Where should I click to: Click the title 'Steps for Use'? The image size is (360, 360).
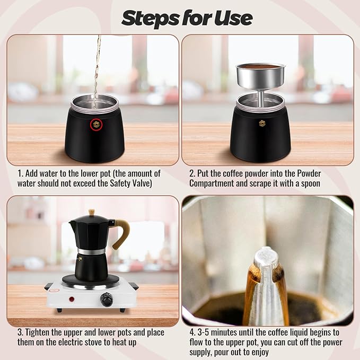(x=187, y=17)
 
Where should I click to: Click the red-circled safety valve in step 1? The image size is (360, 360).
(x=96, y=124)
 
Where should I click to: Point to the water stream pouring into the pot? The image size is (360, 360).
(x=96, y=64)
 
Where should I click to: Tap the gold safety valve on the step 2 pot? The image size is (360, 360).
(x=261, y=123)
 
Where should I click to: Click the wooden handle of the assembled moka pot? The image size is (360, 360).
(x=121, y=233)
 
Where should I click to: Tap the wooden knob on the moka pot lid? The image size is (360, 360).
(x=91, y=212)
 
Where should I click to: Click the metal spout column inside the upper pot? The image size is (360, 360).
(x=266, y=286)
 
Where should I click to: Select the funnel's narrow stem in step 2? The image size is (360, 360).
(x=260, y=96)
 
